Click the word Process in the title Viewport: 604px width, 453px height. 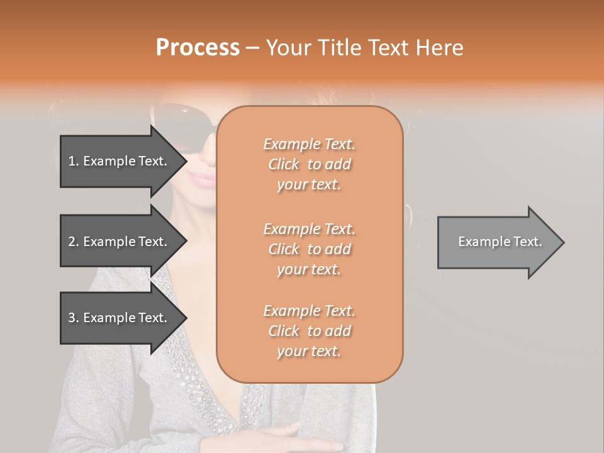(198, 48)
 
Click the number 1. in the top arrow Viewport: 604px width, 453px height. (74, 161)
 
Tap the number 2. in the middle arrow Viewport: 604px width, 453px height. (74, 242)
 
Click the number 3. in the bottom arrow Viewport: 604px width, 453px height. (74, 318)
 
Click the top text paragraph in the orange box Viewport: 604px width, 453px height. (309, 164)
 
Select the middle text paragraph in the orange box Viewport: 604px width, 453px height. (309, 249)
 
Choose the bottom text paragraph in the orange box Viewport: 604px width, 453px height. (309, 331)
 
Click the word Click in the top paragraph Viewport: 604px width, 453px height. (284, 164)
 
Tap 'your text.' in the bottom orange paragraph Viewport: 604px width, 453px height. (309, 351)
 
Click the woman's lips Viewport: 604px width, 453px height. (203, 179)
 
